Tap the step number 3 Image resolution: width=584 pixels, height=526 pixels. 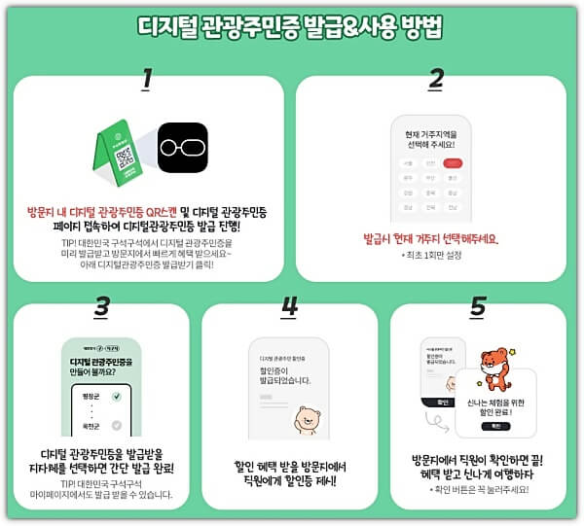(x=101, y=306)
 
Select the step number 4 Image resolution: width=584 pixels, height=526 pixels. (x=288, y=306)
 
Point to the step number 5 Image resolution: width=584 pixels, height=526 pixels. (x=477, y=306)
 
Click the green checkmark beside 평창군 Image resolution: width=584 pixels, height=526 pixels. (x=117, y=397)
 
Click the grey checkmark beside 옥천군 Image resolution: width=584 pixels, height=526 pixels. (x=117, y=425)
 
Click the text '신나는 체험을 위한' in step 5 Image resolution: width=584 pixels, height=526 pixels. (x=496, y=390)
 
